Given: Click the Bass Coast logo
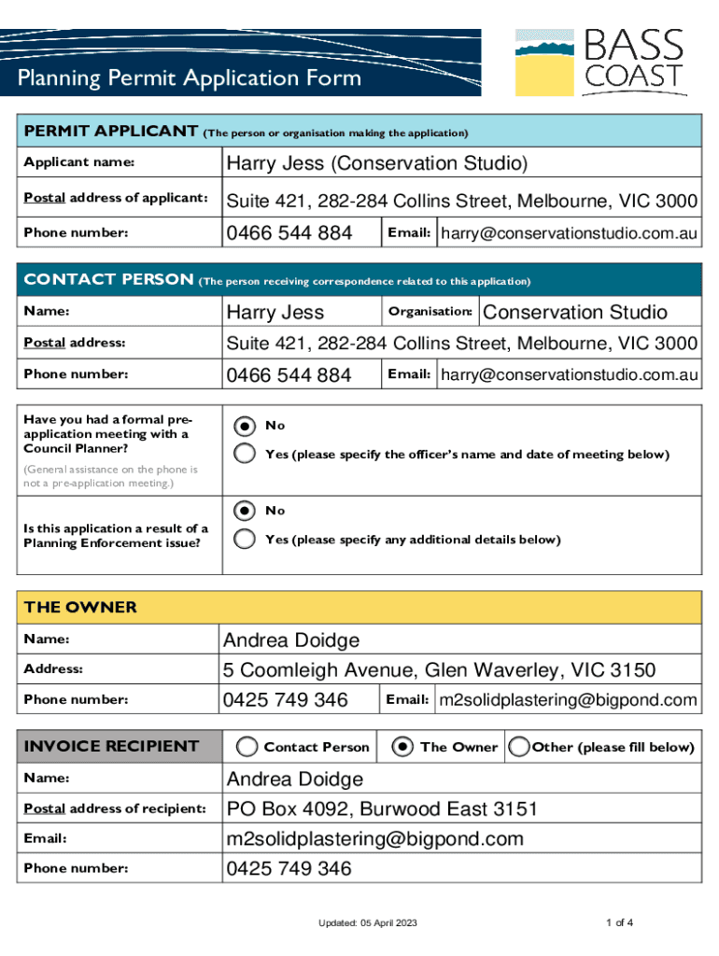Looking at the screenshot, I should click(x=599, y=62).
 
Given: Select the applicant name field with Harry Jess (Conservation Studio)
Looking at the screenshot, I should click(x=376, y=163).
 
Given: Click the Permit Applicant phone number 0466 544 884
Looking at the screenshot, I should click(x=289, y=232).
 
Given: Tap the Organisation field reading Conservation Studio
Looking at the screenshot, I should click(x=574, y=312).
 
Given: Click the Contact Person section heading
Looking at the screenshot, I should click(x=108, y=279).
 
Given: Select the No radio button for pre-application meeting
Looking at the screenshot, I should click(x=245, y=426).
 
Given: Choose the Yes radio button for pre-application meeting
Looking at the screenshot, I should click(x=245, y=455).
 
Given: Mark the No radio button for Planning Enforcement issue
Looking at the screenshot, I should click(x=245, y=511).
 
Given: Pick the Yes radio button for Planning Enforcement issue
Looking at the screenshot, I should click(x=245, y=540).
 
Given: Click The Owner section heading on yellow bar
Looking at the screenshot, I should click(x=80, y=608).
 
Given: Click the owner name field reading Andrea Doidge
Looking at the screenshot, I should click(x=290, y=640).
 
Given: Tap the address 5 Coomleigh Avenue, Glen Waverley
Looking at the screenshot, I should click(x=439, y=670).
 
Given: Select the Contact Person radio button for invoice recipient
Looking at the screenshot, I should click(x=247, y=747).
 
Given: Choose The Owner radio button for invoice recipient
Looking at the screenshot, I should click(x=402, y=747).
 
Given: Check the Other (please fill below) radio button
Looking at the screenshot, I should click(x=519, y=747).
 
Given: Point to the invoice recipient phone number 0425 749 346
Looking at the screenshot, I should click(x=289, y=868).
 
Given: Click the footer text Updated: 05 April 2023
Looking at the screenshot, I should click(x=367, y=923).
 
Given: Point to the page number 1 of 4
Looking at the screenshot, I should click(x=619, y=923).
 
